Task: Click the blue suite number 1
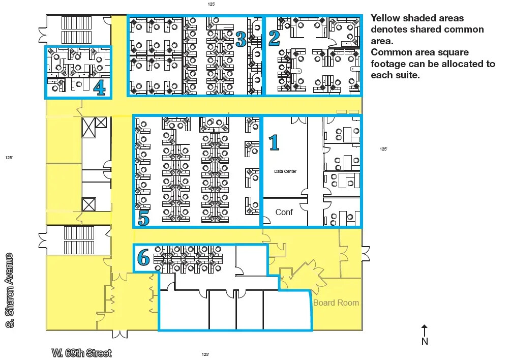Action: coord(274,143)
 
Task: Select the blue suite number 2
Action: coord(274,38)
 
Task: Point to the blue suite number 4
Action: coord(100,87)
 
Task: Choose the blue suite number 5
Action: coord(143,218)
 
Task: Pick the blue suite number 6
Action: coord(143,257)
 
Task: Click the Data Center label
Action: coord(285,171)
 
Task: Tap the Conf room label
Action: coord(284,212)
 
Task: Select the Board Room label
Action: coord(336,303)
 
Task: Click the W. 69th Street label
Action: coord(81,353)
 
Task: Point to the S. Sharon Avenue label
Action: coord(10,290)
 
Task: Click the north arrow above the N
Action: coord(425,331)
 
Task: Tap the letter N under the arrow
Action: coord(425,341)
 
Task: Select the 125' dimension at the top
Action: coord(212,4)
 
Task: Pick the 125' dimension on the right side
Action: coord(383,149)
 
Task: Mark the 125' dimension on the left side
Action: coord(9,158)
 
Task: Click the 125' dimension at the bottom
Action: coord(205,354)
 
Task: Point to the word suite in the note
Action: coord(406,75)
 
